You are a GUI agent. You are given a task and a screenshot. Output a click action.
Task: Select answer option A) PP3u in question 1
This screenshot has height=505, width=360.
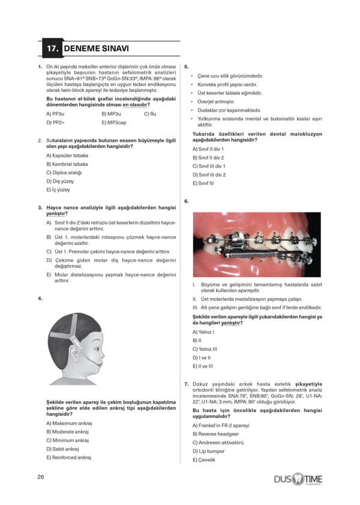(56, 113)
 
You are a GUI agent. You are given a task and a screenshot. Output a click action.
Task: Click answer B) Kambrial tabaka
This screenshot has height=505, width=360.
(67, 164)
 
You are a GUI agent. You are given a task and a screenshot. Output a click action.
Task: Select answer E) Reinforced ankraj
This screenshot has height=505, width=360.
(68, 457)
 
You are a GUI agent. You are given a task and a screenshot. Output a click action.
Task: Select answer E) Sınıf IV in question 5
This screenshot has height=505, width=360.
(203, 183)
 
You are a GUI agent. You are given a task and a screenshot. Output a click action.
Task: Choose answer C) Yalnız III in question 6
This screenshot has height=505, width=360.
(205, 348)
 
